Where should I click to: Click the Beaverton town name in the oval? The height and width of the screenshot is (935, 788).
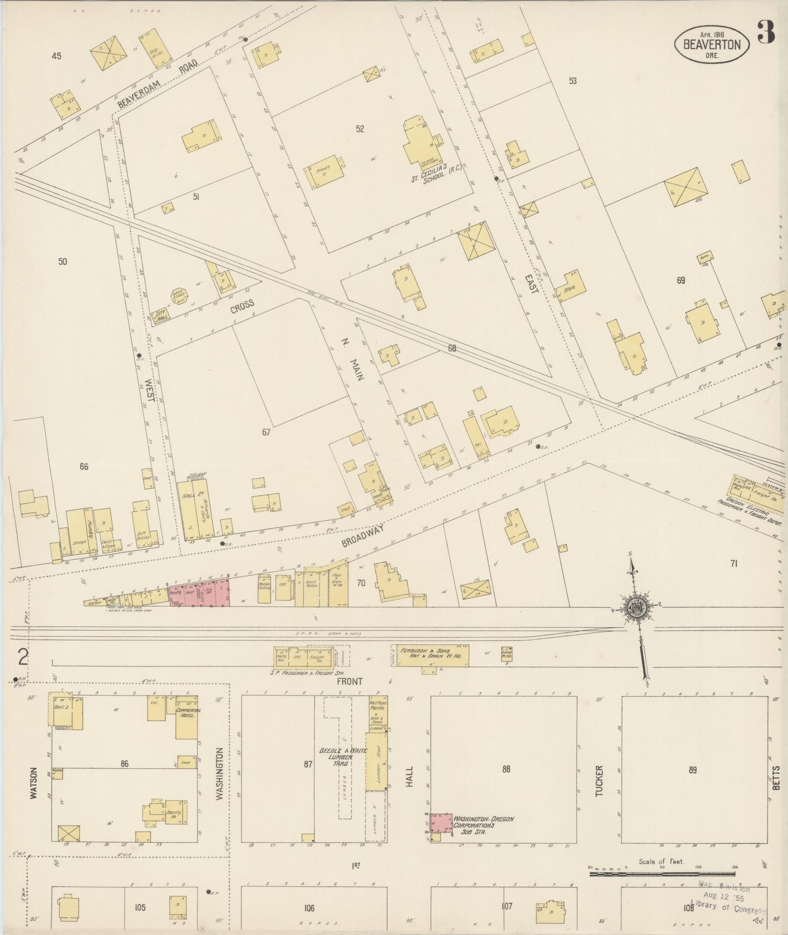pos(712,45)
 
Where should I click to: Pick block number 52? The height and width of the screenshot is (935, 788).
pos(360,129)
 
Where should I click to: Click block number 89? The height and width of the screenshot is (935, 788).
pos(692,770)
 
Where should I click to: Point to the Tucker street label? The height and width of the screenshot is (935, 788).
pos(599,781)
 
